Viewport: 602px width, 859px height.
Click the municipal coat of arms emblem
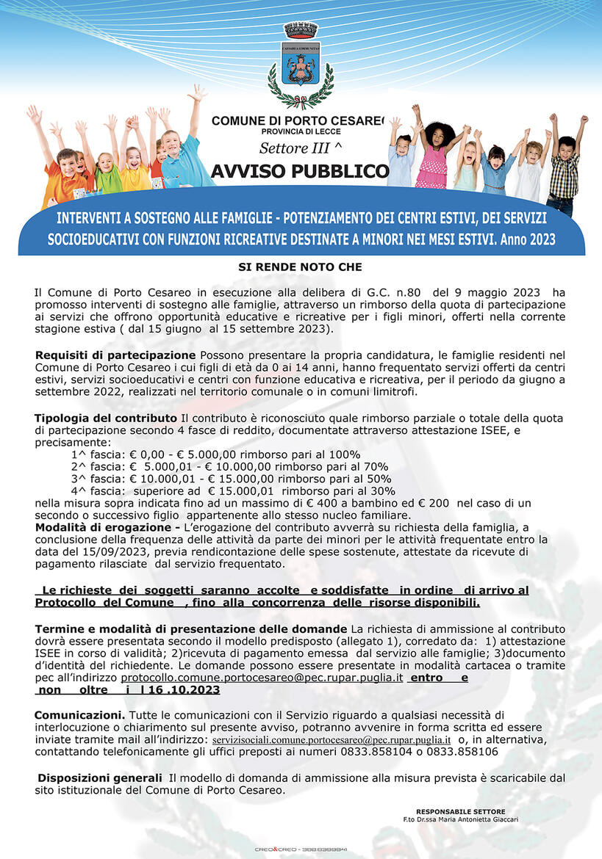click(301, 65)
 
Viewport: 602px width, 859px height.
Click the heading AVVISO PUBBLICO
click(300, 172)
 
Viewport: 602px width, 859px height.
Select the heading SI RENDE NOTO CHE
click(300, 267)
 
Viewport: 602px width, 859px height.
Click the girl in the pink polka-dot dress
click(433, 157)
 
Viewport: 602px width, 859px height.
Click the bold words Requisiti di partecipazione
click(115, 355)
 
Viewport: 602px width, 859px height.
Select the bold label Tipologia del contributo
click(106, 418)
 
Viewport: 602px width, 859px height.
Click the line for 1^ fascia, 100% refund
click(215, 454)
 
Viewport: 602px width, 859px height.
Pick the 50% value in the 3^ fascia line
click(378, 479)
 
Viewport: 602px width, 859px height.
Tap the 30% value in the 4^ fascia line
click(381, 490)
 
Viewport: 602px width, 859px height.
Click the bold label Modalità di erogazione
click(107, 528)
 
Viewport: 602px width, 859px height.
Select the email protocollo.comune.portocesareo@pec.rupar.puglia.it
click(262, 678)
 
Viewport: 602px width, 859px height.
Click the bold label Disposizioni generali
click(100, 778)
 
